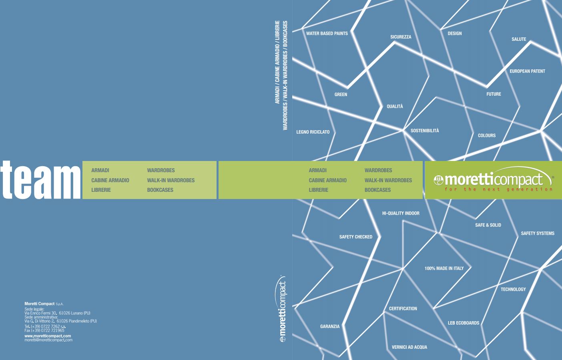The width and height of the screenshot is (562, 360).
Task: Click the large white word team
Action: coord(40,180)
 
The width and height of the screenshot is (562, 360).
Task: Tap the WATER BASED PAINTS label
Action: coord(327,33)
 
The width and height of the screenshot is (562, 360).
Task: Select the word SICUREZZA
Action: coord(401,37)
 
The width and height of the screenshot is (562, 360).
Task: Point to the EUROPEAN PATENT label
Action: coord(527,71)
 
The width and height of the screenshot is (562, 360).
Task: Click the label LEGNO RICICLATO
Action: coord(313,132)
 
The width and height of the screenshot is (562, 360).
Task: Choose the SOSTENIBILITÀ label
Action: coord(425,131)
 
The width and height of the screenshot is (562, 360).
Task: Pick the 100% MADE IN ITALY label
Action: coord(444,268)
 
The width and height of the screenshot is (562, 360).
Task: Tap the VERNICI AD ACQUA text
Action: coord(409,347)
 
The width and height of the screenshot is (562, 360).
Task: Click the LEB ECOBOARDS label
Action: coord(464,323)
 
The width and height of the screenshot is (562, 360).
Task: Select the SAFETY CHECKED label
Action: coord(356,237)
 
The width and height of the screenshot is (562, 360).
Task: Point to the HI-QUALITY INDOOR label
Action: coord(401,213)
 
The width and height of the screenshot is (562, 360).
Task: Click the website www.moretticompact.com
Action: coord(48,336)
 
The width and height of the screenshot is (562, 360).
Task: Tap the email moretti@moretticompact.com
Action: coord(48,340)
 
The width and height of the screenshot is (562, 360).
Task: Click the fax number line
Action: coord(44,331)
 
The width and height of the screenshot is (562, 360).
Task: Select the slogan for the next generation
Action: coord(498,189)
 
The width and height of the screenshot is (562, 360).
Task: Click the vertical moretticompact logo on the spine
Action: coord(283,309)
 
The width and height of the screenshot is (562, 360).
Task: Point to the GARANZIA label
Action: coord(330,327)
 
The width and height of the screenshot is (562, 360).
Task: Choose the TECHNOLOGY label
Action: coord(513,290)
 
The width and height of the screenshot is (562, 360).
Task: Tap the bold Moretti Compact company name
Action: coord(39,304)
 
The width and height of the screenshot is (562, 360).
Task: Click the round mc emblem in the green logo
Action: coord(439,180)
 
